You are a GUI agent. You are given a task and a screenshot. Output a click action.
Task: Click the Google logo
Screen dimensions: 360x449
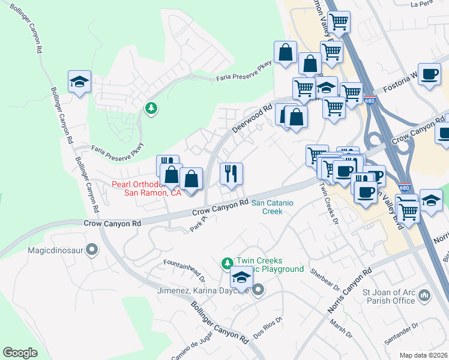[x=20, y=353]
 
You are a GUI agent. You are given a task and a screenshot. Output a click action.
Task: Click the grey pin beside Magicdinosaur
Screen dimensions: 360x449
[x=92, y=248]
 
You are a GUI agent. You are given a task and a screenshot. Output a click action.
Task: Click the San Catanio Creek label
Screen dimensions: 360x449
[x=272, y=207]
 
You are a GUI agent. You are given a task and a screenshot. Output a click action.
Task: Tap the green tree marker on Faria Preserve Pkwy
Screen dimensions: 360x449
[x=151, y=108]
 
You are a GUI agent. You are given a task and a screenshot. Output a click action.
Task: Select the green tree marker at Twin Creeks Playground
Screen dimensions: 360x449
[x=227, y=263]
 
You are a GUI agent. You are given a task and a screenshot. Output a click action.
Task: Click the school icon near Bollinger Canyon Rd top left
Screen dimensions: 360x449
[x=79, y=82]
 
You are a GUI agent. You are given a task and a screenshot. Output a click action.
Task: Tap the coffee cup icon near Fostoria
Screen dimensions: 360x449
[x=429, y=74]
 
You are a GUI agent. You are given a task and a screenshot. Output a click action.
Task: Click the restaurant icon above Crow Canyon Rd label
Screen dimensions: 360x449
[x=231, y=174]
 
